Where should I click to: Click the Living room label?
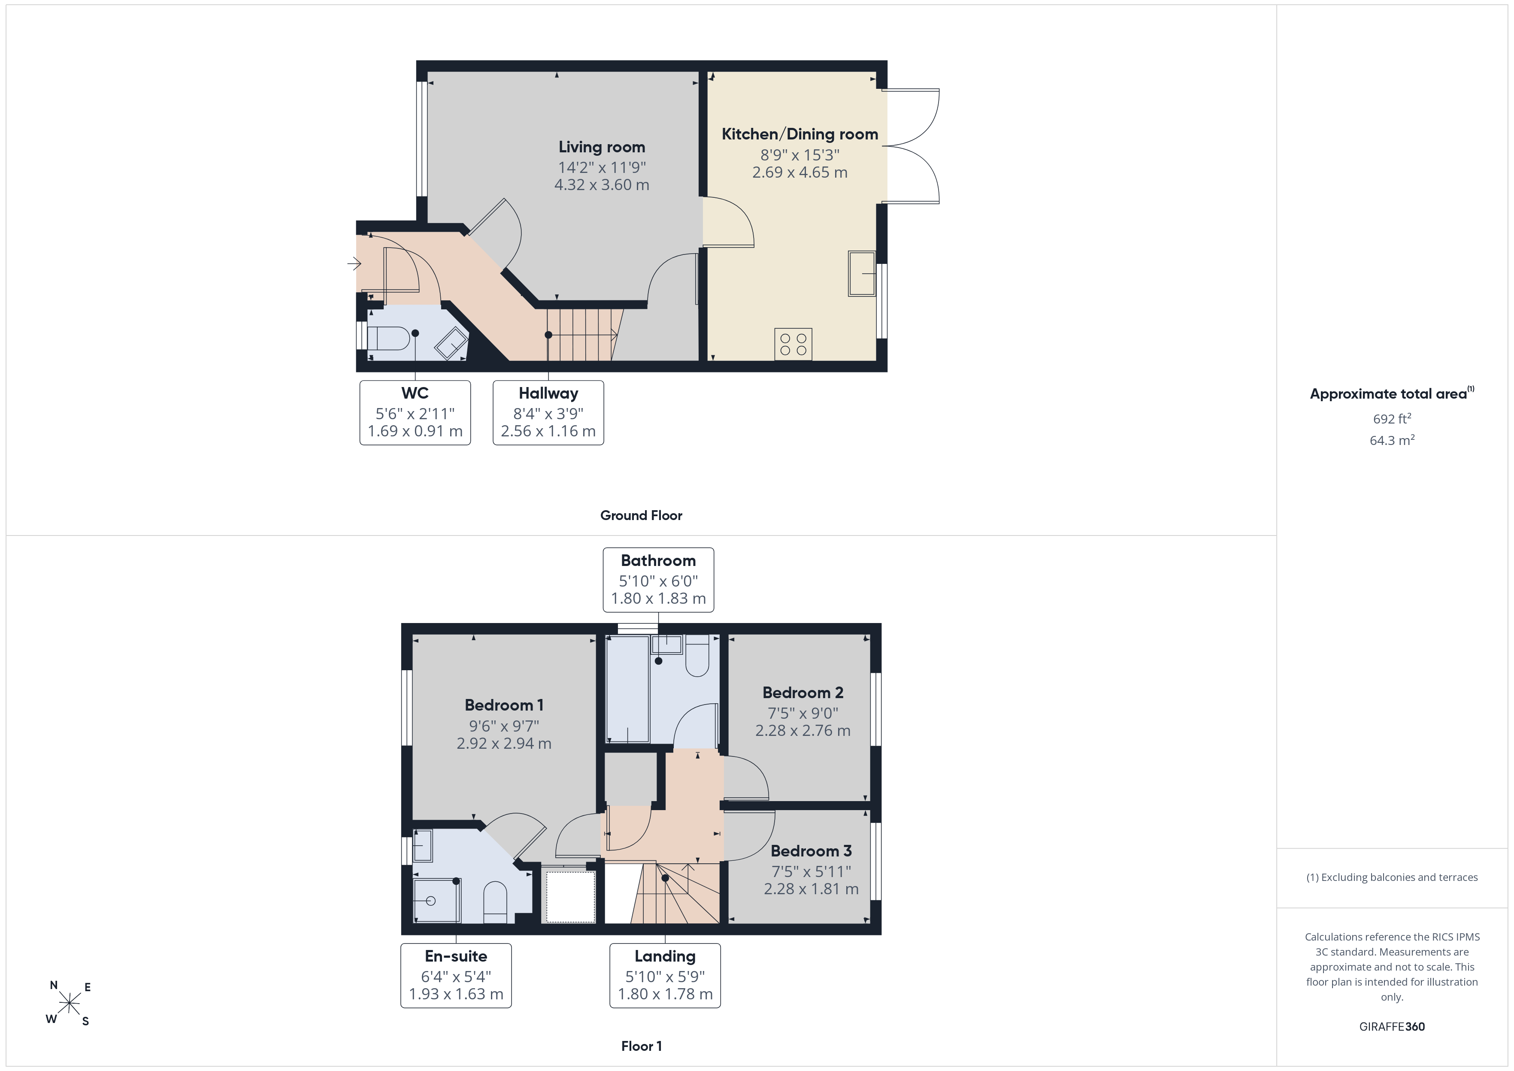(601, 147)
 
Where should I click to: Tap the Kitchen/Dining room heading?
(800, 134)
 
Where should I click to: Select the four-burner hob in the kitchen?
(793, 344)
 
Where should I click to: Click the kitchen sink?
(862, 273)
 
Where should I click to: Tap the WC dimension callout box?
(415, 413)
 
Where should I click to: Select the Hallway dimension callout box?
(548, 413)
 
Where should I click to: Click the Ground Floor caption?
(641, 516)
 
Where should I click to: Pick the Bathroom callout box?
(658, 580)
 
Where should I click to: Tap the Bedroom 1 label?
(504, 705)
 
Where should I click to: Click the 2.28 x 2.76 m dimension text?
(802, 731)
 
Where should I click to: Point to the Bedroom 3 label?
(811, 851)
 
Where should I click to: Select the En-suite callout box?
(456, 975)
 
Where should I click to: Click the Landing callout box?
(665, 975)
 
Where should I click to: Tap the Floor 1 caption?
(641, 1046)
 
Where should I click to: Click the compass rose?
(69, 1004)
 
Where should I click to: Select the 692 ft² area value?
(1391, 419)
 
